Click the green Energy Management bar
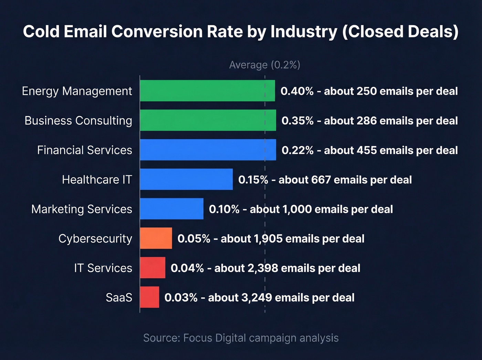(x=207, y=91)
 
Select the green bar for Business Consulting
(x=208, y=120)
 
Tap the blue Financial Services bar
(x=208, y=150)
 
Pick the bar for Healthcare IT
(x=186, y=179)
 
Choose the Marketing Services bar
(x=171, y=209)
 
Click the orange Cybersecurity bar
(x=156, y=238)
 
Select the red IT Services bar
(x=153, y=268)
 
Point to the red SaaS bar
(x=149, y=297)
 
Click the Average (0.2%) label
(x=264, y=65)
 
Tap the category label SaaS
(x=119, y=297)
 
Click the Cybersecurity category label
(x=95, y=238)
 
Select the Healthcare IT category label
(x=97, y=179)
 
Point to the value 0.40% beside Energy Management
(x=297, y=91)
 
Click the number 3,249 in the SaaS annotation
(x=256, y=297)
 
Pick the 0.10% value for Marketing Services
(x=224, y=209)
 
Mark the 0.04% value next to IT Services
(x=187, y=268)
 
